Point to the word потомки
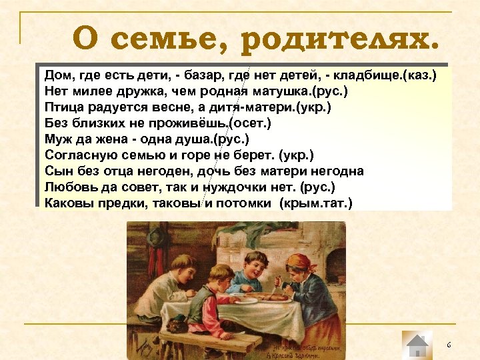[x=243, y=203]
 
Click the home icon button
[x=417, y=345]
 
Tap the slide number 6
[x=449, y=345]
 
